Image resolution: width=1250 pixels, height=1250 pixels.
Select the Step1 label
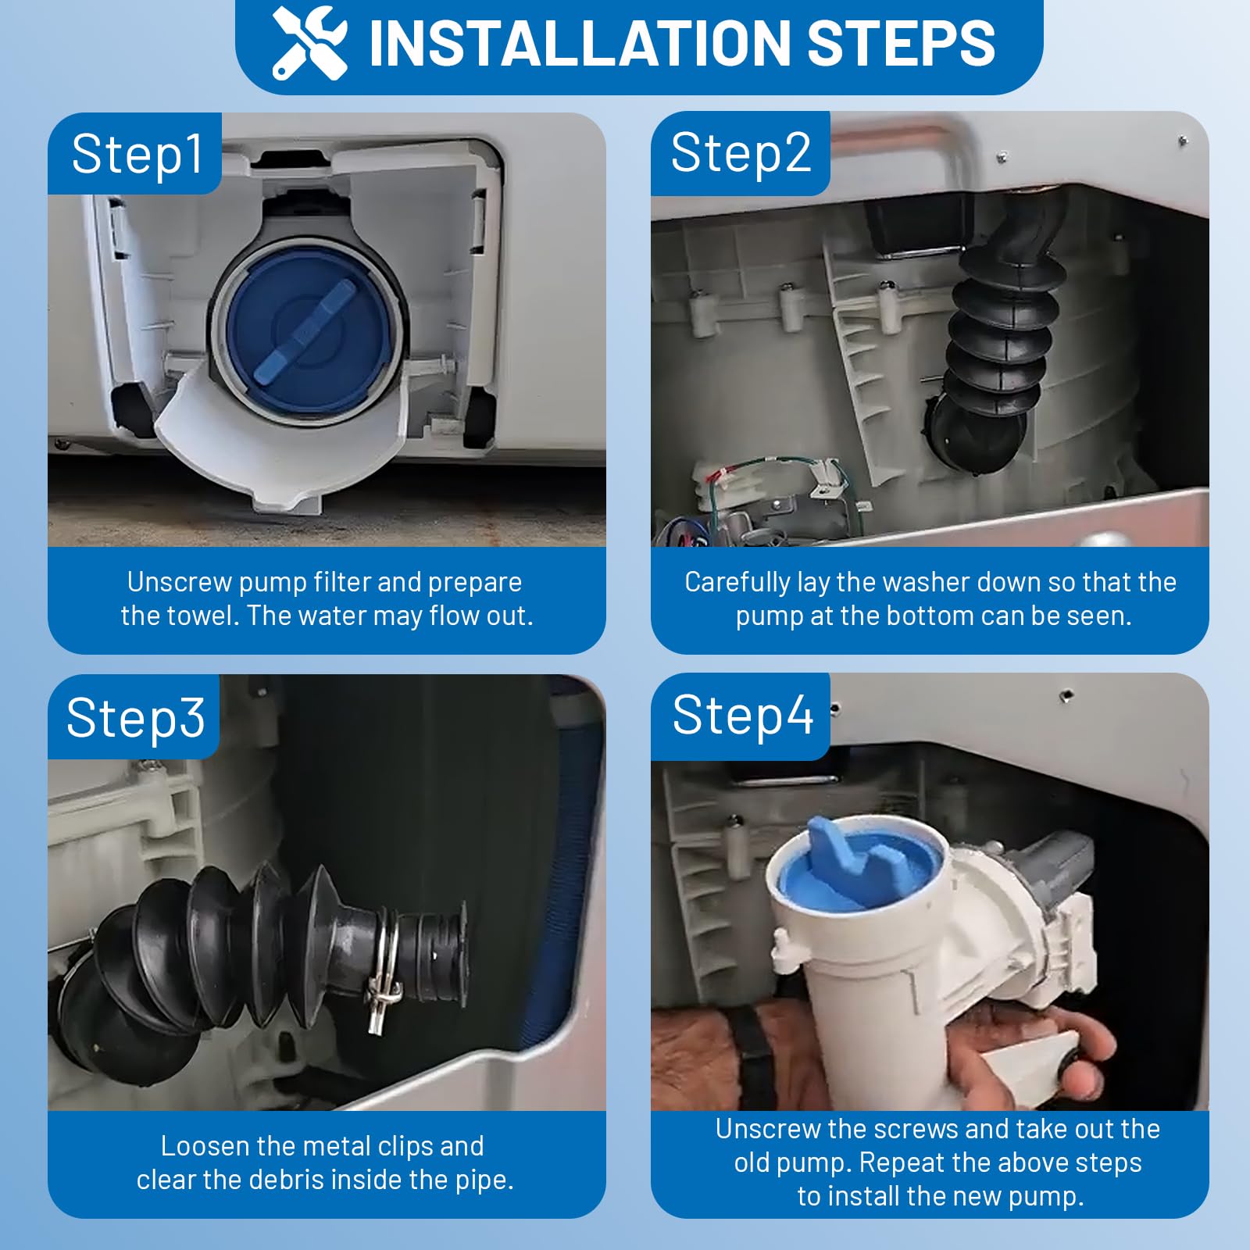(137, 154)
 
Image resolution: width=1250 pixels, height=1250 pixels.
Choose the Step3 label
(135, 717)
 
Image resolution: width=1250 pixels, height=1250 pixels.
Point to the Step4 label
(742, 715)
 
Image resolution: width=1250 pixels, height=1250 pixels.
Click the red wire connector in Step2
(716, 477)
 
